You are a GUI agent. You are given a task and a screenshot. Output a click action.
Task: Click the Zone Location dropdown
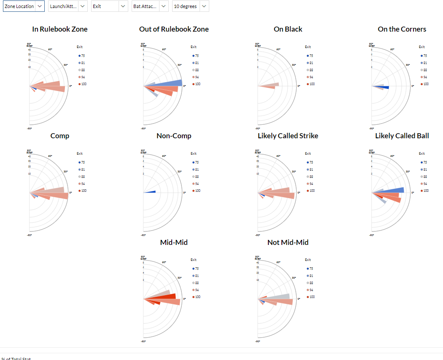tap(24, 6)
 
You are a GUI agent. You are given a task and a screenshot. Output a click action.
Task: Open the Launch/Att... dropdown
tap(68, 6)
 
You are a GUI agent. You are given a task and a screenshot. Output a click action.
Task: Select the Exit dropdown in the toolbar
tap(109, 6)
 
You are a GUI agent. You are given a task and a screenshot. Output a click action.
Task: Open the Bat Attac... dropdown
tap(150, 6)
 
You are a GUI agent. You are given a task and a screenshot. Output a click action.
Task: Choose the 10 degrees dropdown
tap(190, 6)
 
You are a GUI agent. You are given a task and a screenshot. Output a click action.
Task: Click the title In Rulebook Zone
tap(60, 29)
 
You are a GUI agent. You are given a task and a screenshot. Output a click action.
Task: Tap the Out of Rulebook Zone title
tap(174, 29)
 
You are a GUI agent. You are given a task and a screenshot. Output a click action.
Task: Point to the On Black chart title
tap(288, 29)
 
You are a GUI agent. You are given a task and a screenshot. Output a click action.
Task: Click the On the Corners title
tap(402, 29)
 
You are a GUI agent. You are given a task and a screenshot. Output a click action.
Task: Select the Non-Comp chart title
tap(174, 136)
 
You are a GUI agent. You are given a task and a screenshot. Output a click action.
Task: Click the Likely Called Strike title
tap(288, 136)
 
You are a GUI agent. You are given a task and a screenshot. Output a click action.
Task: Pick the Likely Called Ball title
tap(402, 136)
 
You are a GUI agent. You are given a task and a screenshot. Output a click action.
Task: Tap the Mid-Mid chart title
tap(174, 242)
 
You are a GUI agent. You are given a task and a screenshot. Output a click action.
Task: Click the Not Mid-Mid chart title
tap(288, 242)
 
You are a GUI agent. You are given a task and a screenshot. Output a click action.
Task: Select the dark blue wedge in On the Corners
tap(385, 87)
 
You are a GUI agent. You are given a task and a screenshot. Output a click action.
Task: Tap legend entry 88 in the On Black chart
tap(311, 70)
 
